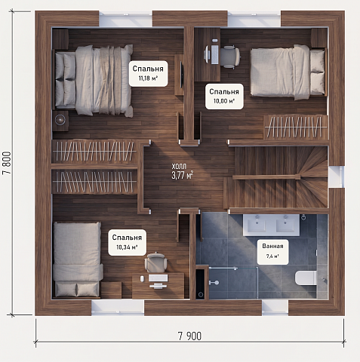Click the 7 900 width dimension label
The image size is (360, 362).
(189, 336)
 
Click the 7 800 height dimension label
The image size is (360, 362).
(7, 163)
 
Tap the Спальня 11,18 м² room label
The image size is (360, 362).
(148, 73)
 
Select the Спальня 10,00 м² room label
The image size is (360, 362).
(224, 97)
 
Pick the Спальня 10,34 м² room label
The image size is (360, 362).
(127, 242)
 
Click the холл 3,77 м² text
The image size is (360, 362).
(183, 171)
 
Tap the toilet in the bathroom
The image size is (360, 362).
(306, 278)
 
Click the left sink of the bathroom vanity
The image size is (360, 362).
(257, 225)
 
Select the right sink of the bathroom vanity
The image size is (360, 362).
(285, 225)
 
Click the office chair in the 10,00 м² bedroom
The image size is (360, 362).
(229, 57)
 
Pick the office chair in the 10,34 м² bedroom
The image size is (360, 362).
(155, 262)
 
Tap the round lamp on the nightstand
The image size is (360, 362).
(60, 120)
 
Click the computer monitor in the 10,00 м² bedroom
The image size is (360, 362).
(207, 54)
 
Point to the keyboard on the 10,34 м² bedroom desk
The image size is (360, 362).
(158, 278)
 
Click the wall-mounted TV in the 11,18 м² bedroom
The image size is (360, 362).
(182, 75)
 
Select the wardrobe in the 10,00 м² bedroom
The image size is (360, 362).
(296, 127)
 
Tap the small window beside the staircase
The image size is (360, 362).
(336, 176)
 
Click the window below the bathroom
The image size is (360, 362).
(275, 308)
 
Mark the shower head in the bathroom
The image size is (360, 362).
(214, 283)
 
